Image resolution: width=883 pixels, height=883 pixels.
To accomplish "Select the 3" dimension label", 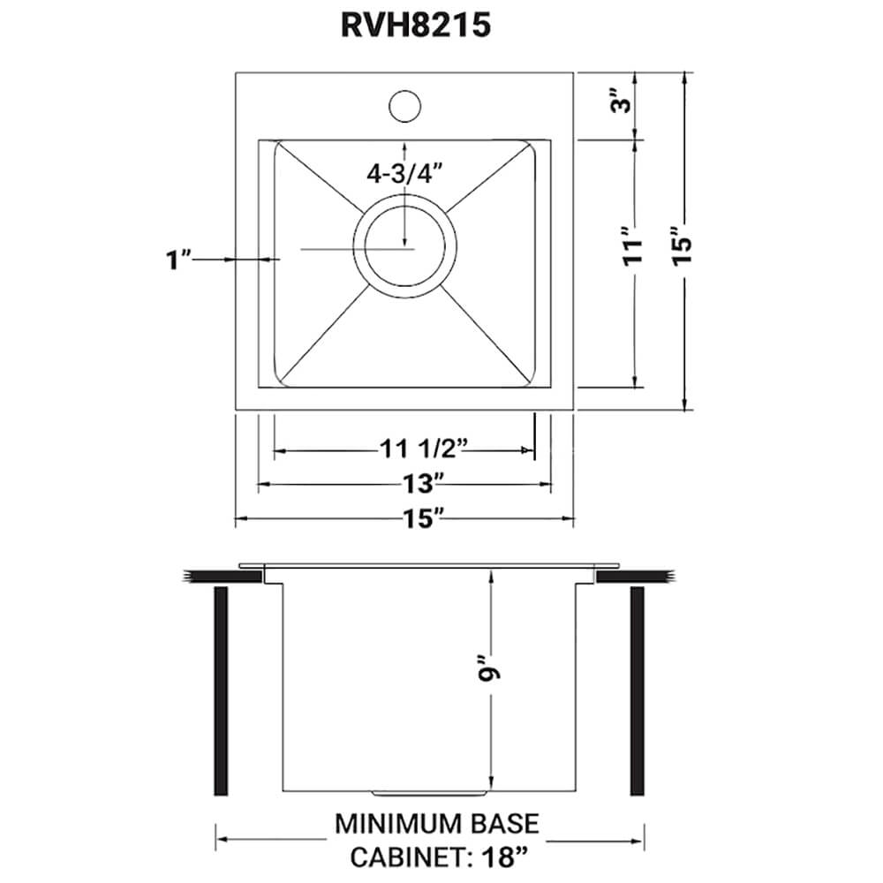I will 623,103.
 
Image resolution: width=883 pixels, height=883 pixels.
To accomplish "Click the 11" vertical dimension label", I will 628,263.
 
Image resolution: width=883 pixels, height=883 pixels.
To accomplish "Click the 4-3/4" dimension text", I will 404,174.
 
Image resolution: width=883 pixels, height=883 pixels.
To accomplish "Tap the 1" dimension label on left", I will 179,260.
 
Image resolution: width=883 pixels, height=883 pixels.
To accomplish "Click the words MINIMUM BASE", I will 436,825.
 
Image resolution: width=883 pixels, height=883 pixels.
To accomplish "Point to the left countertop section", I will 221,576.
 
